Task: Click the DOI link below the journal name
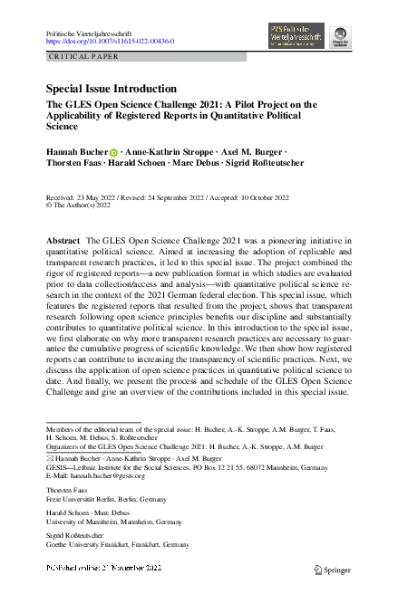(110, 42)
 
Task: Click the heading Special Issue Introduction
(112, 89)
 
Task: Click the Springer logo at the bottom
(331, 569)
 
